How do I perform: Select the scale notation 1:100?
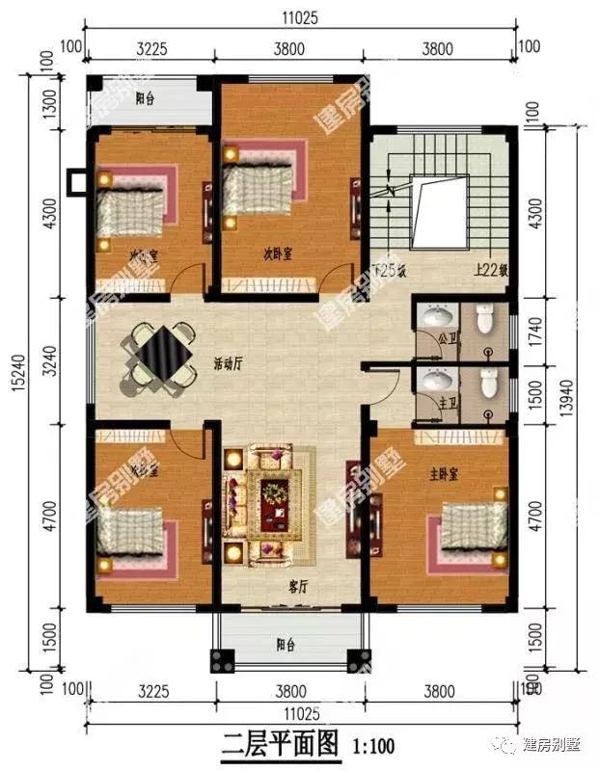373,745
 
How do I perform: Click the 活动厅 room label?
229,364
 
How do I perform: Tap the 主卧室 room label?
445,476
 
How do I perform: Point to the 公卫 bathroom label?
445,339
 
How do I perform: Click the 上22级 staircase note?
486,272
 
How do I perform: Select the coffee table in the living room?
277,495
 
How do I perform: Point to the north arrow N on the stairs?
391,191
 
